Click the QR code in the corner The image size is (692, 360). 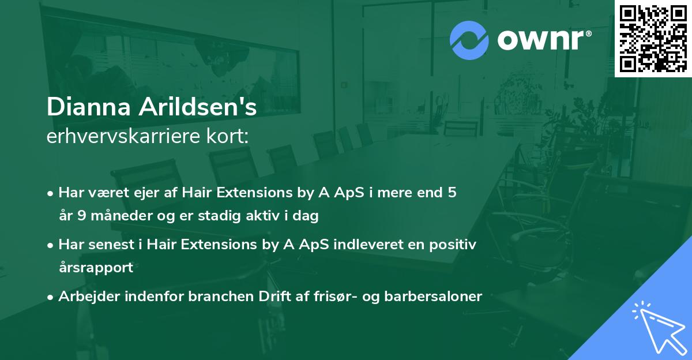coord(653,39)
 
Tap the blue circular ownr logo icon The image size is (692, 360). coord(469,40)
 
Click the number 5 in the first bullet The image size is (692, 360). coord(453,193)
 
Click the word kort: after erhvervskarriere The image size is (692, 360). coord(229,137)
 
